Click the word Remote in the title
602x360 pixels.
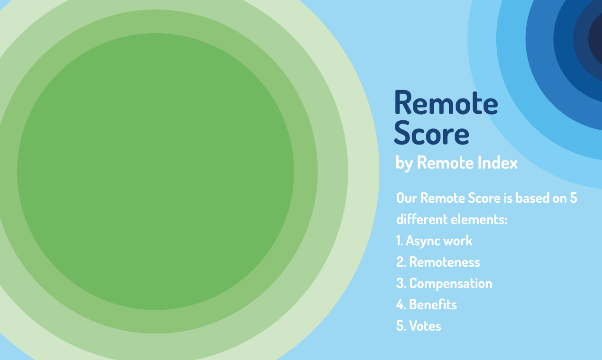[x=446, y=103]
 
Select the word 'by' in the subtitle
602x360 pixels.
[x=404, y=164]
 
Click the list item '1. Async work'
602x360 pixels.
[x=434, y=241]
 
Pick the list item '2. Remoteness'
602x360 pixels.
[x=438, y=262]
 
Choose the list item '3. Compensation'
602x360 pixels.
[x=444, y=283]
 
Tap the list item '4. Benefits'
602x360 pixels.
[x=427, y=305]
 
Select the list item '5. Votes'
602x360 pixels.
[x=419, y=326]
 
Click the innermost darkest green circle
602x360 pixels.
[x=155, y=171]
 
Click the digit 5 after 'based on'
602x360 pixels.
[x=573, y=198]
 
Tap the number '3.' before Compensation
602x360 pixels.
[x=401, y=283]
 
